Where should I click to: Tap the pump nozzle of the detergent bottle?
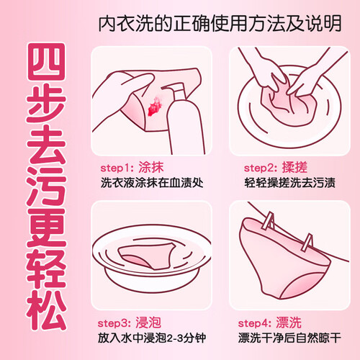coord(174,88)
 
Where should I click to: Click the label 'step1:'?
coord(117,168)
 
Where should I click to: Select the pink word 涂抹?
coord(151,167)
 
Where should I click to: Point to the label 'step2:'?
coord(261,168)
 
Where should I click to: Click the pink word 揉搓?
coord(294,167)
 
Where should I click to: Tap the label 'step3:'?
coord(114,323)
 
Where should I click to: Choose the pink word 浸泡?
coord(148,323)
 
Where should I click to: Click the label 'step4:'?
coord(255,323)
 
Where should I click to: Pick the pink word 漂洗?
coord(289,323)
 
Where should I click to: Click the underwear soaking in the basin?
coord(146,255)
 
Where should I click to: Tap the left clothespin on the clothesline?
coord(269,221)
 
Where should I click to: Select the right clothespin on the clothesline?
coord(307,242)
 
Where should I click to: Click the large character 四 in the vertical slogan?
coord(46,61)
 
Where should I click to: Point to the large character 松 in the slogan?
coord(46,310)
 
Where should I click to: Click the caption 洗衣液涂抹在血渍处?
coord(152,183)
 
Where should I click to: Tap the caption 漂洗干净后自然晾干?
coord(289,338)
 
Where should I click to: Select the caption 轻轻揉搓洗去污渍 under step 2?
coord(289,183)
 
